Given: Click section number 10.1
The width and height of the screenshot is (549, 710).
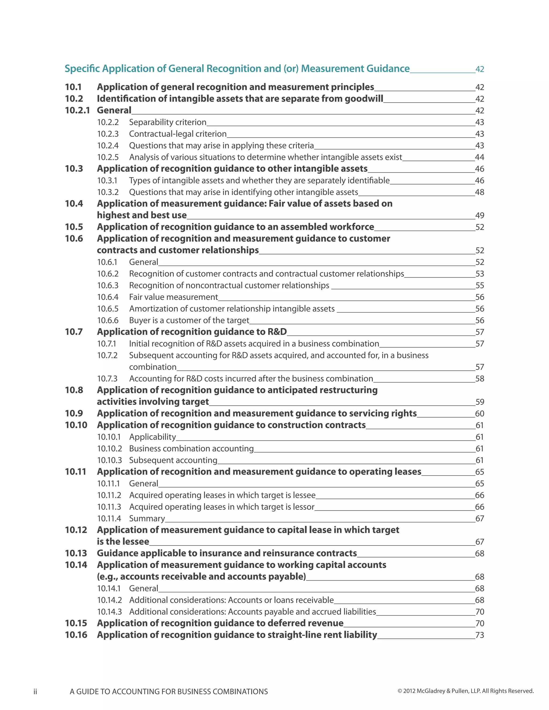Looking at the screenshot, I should click(73, 87).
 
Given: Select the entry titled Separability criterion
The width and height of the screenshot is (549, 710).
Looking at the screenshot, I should click(168, 122).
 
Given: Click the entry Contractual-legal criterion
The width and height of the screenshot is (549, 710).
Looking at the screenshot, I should click(177, 134).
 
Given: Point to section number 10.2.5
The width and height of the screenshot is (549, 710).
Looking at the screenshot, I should click(108, 157).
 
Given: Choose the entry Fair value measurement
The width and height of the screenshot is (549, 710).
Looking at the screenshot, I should click(173, 297).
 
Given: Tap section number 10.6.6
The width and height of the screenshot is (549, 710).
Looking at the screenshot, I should click(108, 320).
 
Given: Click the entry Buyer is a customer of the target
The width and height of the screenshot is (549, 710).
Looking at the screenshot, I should click(189, 320).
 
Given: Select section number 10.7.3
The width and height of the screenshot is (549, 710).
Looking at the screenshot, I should click(107, 379).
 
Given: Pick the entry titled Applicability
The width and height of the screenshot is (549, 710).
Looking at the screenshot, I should click(153, 437).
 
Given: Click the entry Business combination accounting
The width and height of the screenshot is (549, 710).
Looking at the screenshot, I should click(191, 449).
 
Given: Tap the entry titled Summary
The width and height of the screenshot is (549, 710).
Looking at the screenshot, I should click(147, 518).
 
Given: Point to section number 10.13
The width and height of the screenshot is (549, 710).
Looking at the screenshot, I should click(76, 553).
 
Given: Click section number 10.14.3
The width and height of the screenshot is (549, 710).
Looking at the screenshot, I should click(110, 612).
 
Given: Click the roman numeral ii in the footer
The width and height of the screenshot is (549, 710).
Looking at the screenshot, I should click(35, 692).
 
